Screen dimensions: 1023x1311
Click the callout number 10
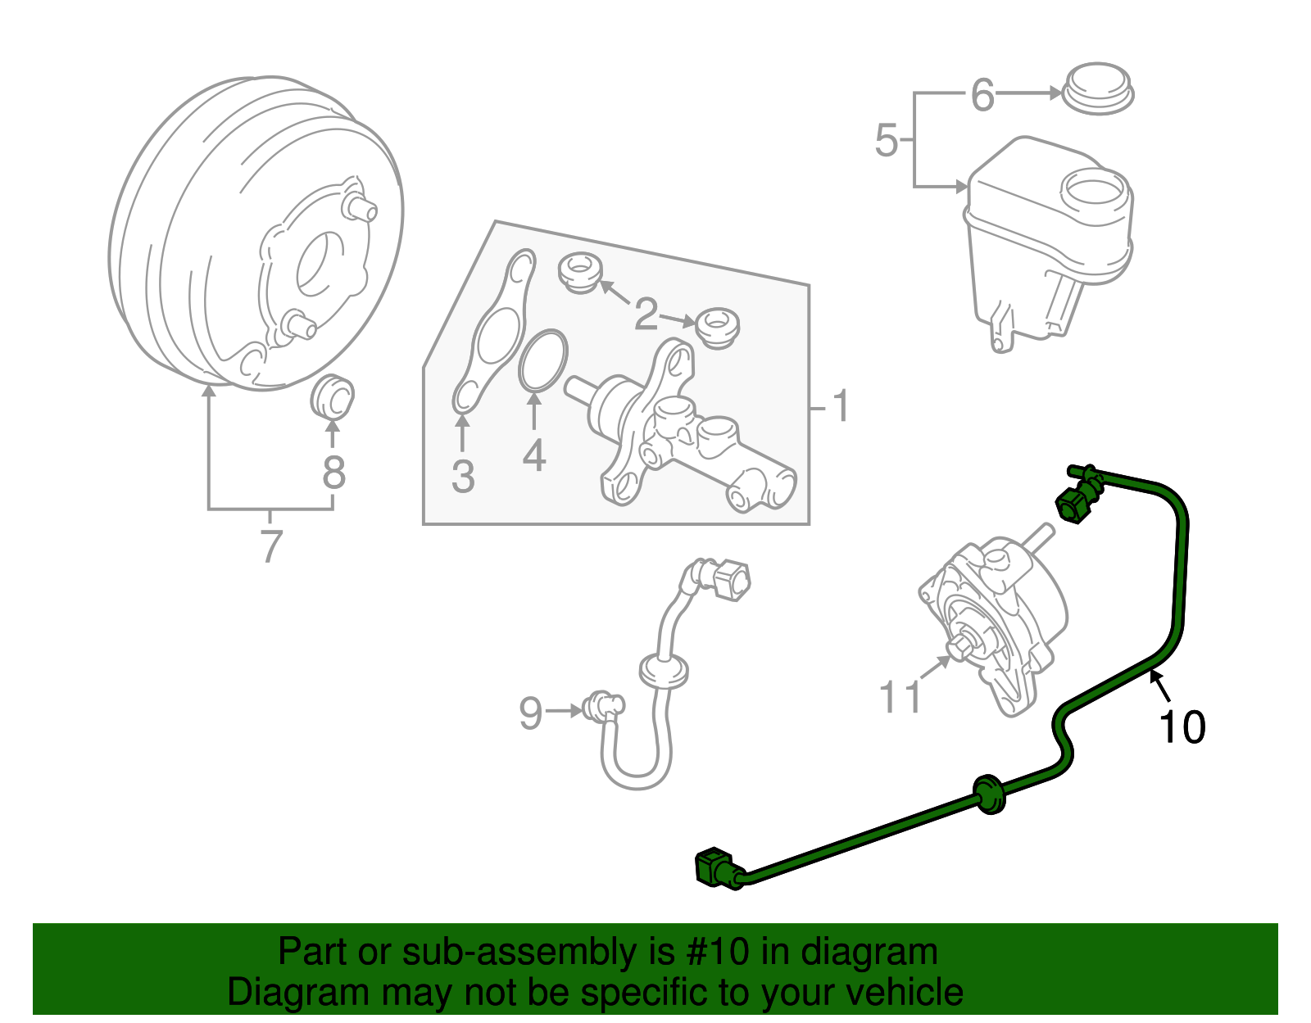pos(1182,727)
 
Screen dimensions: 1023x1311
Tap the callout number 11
pos(900,697)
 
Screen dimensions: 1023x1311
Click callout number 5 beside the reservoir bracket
pos(887,140)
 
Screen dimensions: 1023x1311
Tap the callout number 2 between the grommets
pos(646,315)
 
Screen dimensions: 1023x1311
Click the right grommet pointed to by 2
pos(718,326)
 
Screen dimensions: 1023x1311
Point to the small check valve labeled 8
pos(333,396)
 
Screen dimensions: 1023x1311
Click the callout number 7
pos(271,546)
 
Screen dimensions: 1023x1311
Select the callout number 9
pos(531,713)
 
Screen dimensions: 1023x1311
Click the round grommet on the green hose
pos(989,793)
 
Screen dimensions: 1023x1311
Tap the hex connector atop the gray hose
pos(729,578)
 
